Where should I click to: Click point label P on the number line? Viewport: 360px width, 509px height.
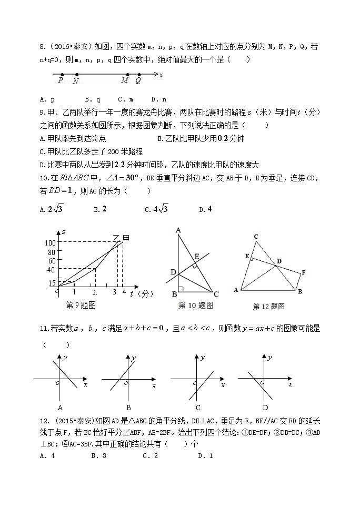pos(61,81)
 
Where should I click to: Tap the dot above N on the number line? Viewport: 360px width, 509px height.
pos(77,75)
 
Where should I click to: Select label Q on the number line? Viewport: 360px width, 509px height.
pos(138,81)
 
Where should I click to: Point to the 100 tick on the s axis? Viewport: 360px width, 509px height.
pos(51,242)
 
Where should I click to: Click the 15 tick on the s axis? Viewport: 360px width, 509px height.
pos(52,283)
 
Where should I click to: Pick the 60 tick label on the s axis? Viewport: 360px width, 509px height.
pos(52,260)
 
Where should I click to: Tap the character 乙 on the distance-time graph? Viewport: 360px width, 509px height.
pos(116,239)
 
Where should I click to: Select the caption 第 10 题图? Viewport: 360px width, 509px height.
pos(196,305)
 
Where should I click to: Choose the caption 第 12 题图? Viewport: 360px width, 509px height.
pos(268,306)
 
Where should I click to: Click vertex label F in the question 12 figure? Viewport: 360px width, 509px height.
pos(303,272)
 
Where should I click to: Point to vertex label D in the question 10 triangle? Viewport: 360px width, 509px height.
pos(173,272)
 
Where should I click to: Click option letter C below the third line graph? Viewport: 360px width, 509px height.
pos(197,408)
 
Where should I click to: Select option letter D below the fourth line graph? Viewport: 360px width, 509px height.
pos(266,408)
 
